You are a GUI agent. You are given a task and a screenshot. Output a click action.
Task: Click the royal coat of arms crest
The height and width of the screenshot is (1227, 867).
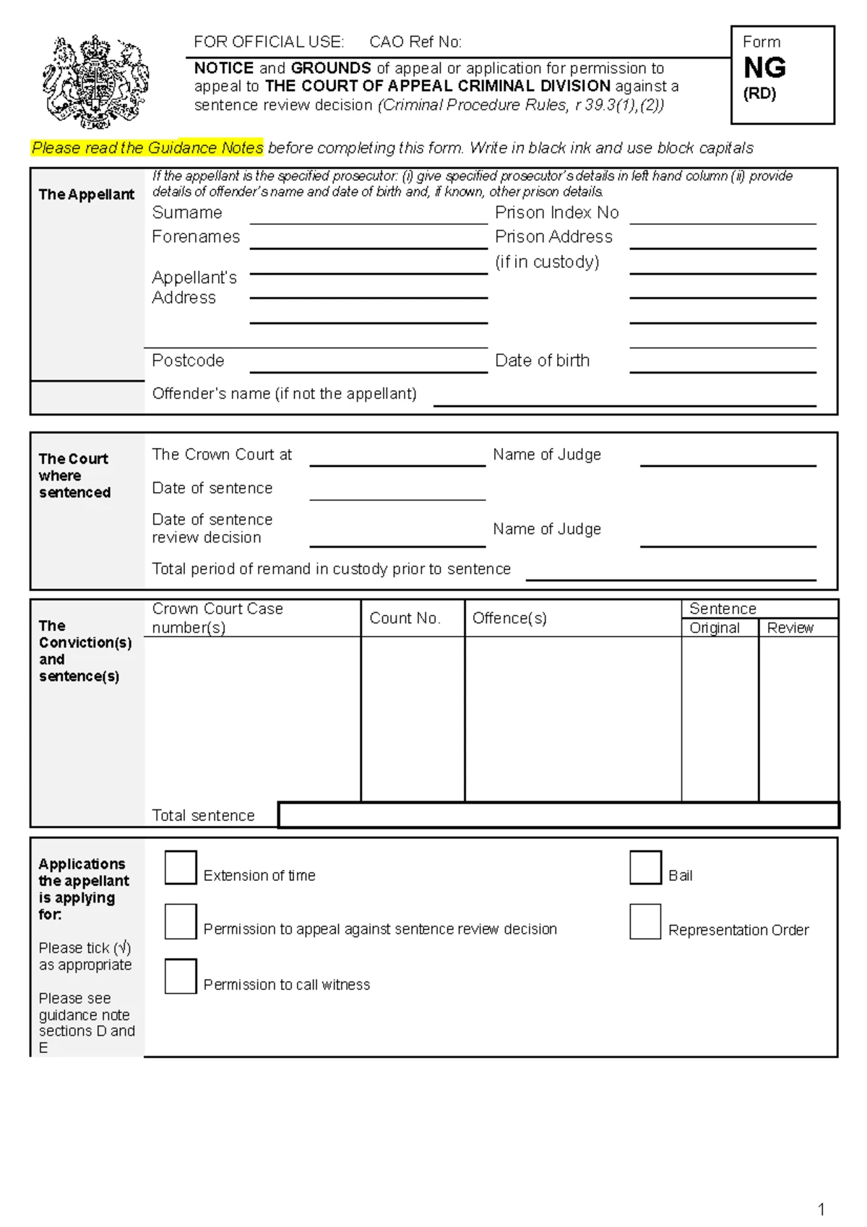pos(95,82)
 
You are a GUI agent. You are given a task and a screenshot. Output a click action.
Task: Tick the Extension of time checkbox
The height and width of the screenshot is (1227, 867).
pos(181,867)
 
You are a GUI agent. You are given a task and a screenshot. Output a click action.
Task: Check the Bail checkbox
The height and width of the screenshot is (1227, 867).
pos(645,867)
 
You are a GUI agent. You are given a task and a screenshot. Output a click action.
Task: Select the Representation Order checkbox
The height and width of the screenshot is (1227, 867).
pos(645,921)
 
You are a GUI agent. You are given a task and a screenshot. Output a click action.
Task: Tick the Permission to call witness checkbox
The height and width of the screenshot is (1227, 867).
pos(181,976)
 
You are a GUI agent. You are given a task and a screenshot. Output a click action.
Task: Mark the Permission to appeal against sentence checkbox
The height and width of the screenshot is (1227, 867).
pos(181,921)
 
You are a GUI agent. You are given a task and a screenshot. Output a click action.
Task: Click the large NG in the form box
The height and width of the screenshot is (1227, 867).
pos(764,68)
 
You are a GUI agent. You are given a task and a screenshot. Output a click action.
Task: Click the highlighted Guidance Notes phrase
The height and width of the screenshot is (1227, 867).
pos(147,148)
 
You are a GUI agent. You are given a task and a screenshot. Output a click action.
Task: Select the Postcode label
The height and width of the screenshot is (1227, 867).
pos(188,361)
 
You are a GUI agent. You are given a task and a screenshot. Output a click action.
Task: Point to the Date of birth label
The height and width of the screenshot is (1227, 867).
pos(542,361)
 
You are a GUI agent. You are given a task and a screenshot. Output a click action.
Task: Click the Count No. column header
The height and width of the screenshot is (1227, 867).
pos(405,619)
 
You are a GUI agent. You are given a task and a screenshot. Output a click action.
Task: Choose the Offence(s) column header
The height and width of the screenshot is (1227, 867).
pos(509,619)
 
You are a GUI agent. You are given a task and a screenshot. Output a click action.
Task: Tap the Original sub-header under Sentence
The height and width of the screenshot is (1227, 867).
pos(714,628)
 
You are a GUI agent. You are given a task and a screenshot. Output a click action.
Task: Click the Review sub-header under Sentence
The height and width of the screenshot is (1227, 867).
pos(790,628)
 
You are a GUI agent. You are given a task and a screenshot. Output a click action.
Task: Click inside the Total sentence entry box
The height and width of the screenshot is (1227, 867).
pos(558,815)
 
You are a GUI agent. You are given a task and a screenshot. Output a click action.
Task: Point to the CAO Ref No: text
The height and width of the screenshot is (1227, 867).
pos(415,42)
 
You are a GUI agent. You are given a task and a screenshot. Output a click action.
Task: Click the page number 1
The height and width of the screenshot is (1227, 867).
pos(821,1209)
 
